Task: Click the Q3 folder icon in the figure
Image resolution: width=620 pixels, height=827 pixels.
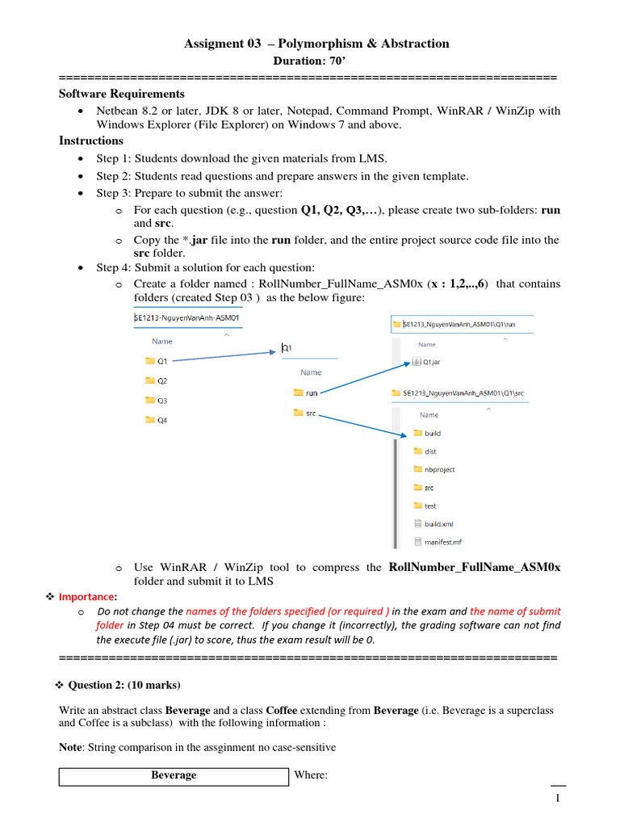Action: coord(149,400)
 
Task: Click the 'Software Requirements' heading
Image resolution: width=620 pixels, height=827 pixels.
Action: coord(122,94)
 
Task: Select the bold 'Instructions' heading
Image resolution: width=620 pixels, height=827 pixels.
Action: coord(91,141)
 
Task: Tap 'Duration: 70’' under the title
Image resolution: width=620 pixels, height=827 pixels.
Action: coord(310,60)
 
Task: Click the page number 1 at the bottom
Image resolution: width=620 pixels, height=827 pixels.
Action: coord(557,800)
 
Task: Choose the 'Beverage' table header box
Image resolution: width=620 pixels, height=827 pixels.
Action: coord(174,775)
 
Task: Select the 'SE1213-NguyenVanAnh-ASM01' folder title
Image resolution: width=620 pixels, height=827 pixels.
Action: coord(187,317)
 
